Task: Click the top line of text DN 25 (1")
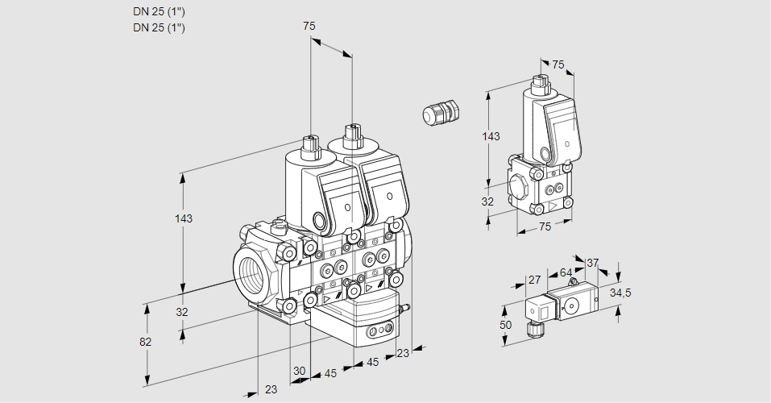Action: point(159,12)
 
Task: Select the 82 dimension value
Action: point(145,342)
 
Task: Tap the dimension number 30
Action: point(300,371)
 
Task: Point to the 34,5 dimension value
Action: point(620,293)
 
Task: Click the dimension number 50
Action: point(506,324)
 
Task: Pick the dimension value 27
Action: point(533,280)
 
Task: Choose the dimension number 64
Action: point(566,272)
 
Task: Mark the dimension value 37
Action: point(592,263)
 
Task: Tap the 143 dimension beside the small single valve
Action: point(491,136)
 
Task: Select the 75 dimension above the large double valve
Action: point(309,26)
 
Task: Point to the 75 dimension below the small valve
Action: point(545,227)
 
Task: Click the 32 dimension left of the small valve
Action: point(487,201)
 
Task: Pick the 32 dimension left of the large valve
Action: point(182,312)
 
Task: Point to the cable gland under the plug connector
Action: point(533,329)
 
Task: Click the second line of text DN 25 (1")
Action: point(159,28)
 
